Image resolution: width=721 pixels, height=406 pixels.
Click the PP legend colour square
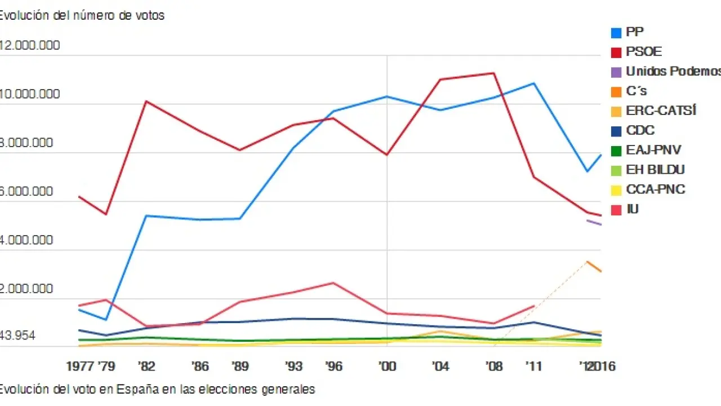(616, 32)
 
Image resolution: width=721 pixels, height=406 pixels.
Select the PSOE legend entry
(644, 52)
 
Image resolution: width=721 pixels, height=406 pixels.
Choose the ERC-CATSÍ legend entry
(661, 111)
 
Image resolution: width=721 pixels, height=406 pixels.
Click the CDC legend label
(640, 130)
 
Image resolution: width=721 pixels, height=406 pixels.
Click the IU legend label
(633, 209)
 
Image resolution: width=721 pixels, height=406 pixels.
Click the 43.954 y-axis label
(17, 336)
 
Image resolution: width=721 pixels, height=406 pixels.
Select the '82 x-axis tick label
(146, 367)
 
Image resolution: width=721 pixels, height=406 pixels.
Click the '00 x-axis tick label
(387, 367)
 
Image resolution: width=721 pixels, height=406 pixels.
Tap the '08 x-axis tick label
(494, 367)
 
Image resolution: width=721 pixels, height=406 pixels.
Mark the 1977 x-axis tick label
(79, 367)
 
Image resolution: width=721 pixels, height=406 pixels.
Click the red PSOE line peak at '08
(494, 73)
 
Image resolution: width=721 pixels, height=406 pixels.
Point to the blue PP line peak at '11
(533, 83)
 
